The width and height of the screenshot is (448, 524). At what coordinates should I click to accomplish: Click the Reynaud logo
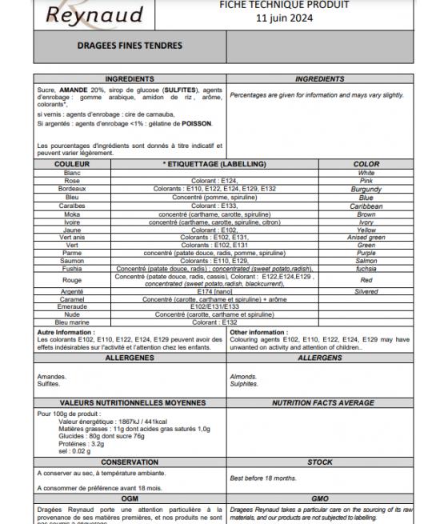82,14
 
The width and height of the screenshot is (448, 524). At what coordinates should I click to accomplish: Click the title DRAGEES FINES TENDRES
130,46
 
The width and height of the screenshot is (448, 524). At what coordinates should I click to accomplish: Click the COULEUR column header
72,164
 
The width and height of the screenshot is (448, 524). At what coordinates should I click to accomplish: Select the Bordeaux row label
72,189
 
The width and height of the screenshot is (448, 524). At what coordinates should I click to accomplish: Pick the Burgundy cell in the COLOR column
366,189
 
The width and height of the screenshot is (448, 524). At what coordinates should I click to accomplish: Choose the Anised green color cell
366,237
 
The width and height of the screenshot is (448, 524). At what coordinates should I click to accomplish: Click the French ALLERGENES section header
130,358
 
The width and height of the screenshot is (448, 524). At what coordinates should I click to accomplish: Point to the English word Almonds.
243,376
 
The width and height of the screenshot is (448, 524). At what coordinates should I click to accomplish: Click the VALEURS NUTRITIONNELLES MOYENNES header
130,403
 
